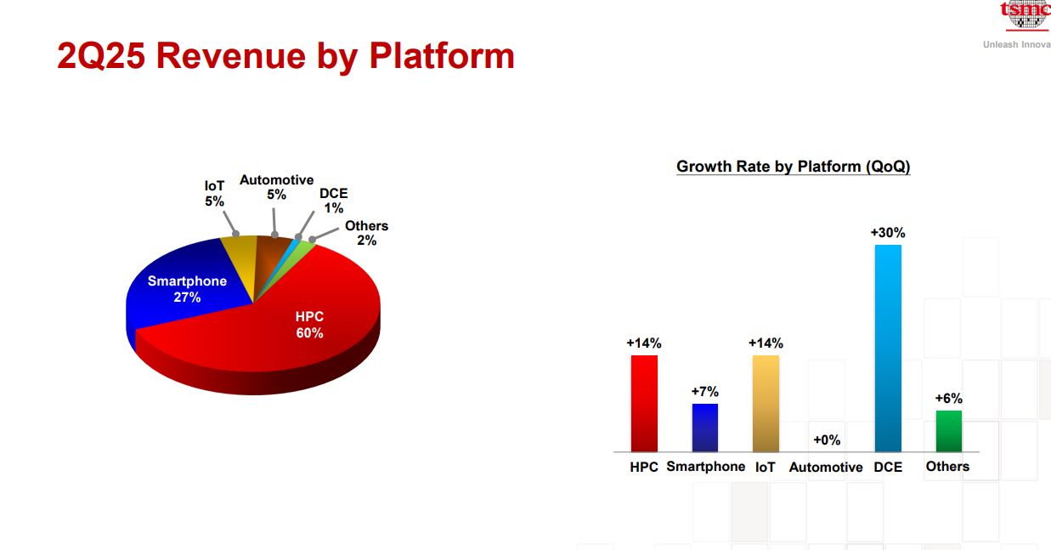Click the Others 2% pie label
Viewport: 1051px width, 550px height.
pyautogui.click(x=366, y=233)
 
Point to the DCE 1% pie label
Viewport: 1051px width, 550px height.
pyautogui.click(x=334, y=201)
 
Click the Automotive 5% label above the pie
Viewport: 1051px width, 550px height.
pyautogui.click(x=276, y=187)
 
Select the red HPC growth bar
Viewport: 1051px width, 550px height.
pyautogui.click(x=644, y=404)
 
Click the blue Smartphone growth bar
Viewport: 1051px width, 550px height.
pyautogui.click(x=704, y=428)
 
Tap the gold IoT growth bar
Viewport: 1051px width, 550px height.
pyautogui.click(x=766, y=404)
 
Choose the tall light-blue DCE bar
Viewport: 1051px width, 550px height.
pyautogui.click(x=888, y=349)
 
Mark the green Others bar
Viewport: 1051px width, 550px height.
pyautogui.click(x=949, y=431)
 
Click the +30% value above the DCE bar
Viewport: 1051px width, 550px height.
pyautogui.click(x=888, y=232)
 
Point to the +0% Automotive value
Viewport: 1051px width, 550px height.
pyautogui.click(x=827, y=439)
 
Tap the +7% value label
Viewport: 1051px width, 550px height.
pyautogui.click(x=704, y=391)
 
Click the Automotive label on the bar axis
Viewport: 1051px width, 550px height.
pyautogui.click(x=826, y=467)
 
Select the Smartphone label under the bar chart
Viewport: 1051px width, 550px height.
pyautogui.click(x=706, y=467)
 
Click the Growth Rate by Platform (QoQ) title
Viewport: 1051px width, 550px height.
pyautogui.click(x=794, y=167)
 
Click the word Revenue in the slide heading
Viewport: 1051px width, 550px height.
pyautogui.click(x=231, y=56)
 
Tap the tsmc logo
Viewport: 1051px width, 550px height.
pyautogui.click(x=1026, y=14)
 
